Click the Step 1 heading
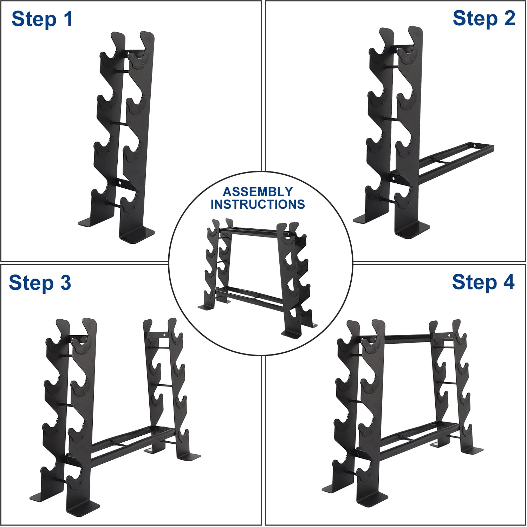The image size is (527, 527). click(42, 19)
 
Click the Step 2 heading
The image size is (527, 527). click(484, 18)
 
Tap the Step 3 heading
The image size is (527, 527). click(40, 283)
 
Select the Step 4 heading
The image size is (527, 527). click(483, 282)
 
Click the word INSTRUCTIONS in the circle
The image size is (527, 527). click(258, 204)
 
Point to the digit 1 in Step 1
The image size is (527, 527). click(69, 19)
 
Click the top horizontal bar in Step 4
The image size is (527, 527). click(408, 338)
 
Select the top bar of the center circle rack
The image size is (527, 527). click(248, 231)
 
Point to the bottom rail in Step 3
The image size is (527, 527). click(126, 443)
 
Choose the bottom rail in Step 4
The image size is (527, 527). click(415, 437)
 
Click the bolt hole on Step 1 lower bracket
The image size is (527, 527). click(120, 183)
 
